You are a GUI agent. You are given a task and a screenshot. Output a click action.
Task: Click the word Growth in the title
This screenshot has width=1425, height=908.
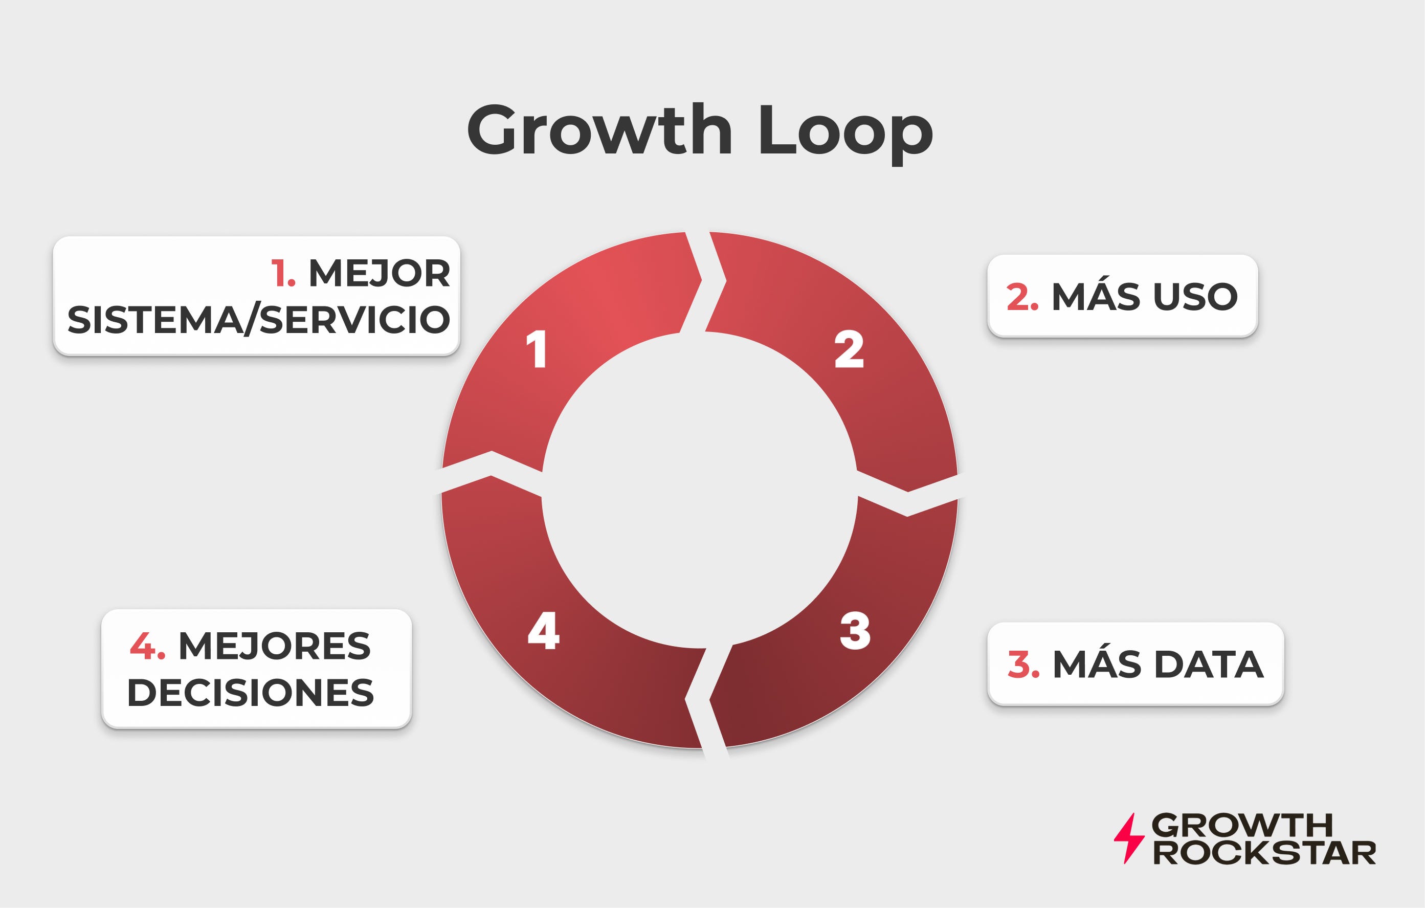tap(599, 130)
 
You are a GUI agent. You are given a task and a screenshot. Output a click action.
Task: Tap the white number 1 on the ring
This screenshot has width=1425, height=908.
tap(537, 349)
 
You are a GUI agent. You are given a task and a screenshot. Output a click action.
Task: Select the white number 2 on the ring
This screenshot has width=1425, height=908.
tap(849, 349)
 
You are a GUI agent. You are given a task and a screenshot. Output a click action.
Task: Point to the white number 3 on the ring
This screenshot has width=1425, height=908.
tap(855, 631)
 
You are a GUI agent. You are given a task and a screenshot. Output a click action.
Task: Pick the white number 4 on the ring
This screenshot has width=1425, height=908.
tap(543, 631)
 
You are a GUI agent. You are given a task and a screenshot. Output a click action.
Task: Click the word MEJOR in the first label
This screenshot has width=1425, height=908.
tap(380, 274)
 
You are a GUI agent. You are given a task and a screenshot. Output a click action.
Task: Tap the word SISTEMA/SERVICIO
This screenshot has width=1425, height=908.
tap(259, 320)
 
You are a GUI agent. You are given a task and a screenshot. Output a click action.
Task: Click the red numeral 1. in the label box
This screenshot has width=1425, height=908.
tap(283, 274)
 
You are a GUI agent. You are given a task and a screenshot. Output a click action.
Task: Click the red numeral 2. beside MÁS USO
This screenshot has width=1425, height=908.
tap(1022, 297)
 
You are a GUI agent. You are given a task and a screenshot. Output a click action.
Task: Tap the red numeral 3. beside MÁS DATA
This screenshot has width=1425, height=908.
tap(1023, 665)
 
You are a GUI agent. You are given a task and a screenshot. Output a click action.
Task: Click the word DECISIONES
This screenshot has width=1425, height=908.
tap(250, 693)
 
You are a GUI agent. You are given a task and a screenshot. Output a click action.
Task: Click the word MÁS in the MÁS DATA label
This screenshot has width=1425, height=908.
tap(1097, 664)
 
